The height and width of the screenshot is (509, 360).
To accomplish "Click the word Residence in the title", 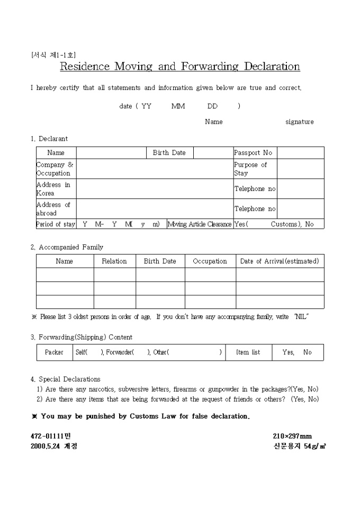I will coord(85,67).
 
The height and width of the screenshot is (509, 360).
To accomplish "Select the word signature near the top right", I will coord(299,122).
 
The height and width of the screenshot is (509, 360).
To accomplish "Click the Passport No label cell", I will coord(253,153).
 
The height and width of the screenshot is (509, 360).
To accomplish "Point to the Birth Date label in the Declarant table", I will coord(169,153).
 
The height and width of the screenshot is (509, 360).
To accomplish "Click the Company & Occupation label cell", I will coord(55,169).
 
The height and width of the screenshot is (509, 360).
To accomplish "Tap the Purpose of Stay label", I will coord(250,169).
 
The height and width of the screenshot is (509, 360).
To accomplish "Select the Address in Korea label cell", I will coord(53,189).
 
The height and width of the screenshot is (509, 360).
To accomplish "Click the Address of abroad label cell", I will coord(53,209).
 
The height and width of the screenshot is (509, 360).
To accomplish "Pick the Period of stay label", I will coord(56,224).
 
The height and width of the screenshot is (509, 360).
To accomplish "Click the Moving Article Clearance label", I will coord(200,224).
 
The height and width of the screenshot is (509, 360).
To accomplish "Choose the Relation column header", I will coord(114,261).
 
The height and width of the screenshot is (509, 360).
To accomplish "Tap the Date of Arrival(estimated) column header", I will coord(280,261).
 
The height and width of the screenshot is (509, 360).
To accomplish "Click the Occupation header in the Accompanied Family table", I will coord(210,261).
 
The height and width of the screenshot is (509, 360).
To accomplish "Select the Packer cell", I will coord(54,352).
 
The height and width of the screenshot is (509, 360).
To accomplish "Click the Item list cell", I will coord(248,352).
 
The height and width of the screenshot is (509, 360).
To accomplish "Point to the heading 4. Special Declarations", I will coord(66,379).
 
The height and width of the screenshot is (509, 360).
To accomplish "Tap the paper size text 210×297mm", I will coord(292,437).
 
